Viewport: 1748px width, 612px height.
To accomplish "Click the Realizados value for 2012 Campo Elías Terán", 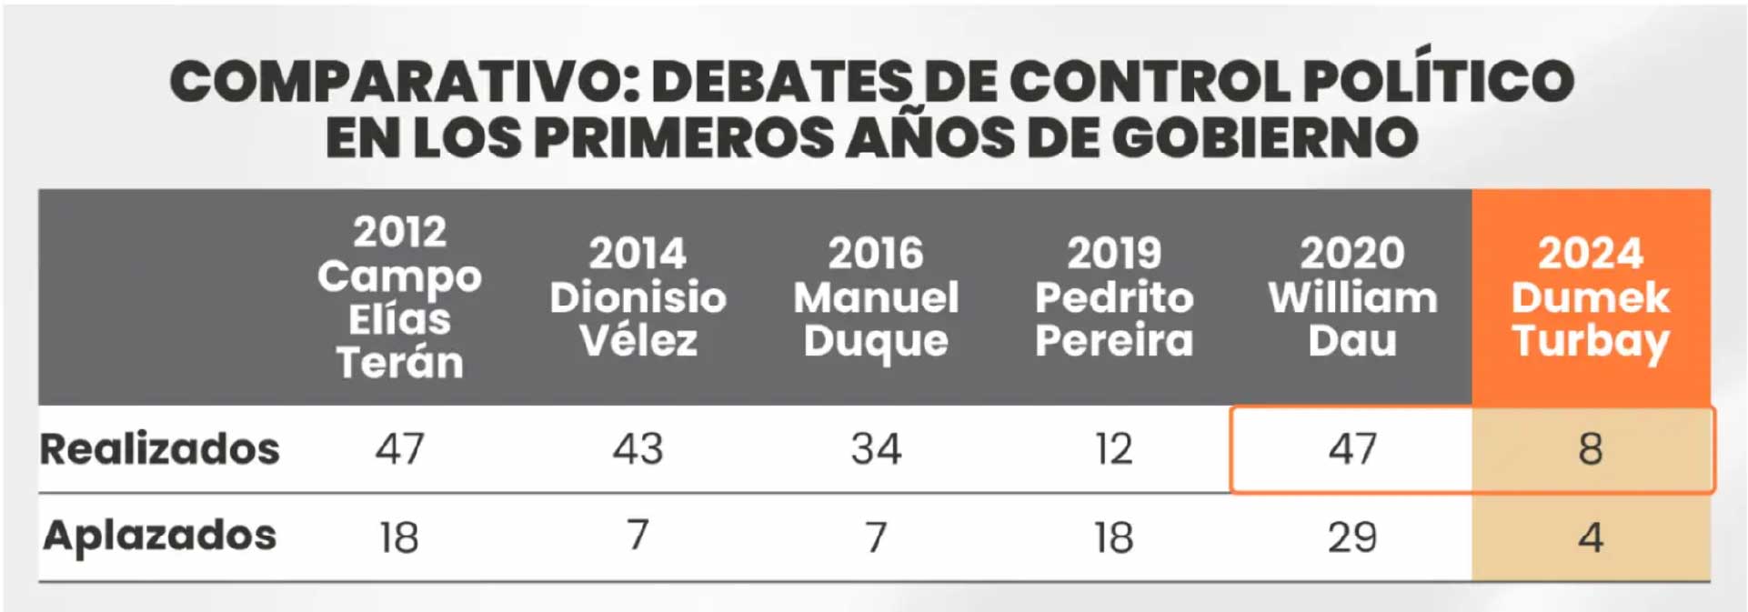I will [400, 449].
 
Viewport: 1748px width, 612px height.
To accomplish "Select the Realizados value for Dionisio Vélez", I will [638, 449].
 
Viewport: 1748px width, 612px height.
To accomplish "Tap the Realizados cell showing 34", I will [876, 449].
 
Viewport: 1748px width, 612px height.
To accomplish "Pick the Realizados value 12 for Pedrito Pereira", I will [1114, 449].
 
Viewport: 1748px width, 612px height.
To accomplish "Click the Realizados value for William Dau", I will [1352, 449].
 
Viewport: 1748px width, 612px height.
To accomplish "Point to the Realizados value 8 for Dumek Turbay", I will [1591, 449].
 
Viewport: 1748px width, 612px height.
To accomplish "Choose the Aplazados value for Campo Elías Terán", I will [399, 537].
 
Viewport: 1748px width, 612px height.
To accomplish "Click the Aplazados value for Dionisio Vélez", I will [638, 536].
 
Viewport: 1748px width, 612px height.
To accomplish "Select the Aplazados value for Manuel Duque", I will [876, 537].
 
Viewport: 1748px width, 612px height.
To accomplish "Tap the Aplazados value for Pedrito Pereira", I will [1114, 537].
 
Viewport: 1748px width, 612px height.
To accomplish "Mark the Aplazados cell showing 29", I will [1352, 537].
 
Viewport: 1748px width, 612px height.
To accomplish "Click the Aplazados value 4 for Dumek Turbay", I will [1591, 537].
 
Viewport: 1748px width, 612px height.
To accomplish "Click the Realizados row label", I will [160, 449].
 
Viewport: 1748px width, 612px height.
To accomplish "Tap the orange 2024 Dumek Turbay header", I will [1591, 297].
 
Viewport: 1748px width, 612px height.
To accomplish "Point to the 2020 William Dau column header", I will [1352, 297].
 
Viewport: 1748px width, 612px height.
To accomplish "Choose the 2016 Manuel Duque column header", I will [876, 297].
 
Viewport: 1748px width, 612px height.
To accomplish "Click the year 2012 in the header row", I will [400, 233].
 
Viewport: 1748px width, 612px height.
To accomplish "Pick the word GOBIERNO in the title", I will [1265, 138].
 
